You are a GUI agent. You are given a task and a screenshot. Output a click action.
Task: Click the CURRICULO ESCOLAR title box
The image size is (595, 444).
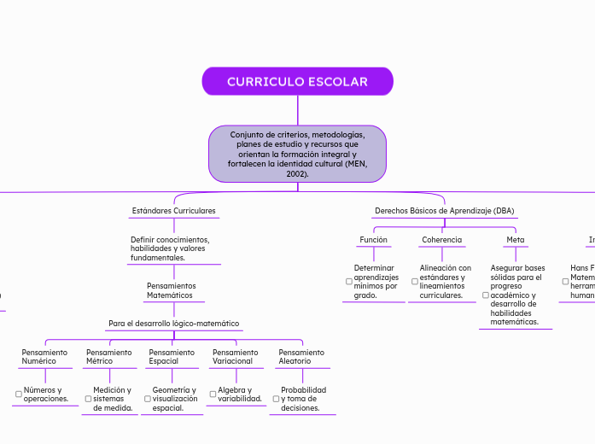(297, 82)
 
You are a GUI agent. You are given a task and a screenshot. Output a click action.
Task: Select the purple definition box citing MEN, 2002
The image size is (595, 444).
(297, 154)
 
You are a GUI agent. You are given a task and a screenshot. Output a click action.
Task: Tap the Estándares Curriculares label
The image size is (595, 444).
(173, 210)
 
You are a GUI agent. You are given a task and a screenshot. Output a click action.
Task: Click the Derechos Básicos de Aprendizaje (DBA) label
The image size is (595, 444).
(445, 211)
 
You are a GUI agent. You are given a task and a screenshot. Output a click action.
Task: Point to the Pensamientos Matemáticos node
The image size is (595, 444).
(171, 290)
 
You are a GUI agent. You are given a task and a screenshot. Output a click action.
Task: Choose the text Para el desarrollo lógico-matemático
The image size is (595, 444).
(173, 324)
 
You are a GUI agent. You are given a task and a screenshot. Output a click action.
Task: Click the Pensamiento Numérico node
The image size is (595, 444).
(44, 356)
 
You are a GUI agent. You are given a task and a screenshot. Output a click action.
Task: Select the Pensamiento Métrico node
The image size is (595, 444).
(109, 356)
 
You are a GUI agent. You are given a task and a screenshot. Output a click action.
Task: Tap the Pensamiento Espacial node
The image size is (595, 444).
(172, 356)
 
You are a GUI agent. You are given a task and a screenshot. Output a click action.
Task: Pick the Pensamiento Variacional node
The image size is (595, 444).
(235, 356)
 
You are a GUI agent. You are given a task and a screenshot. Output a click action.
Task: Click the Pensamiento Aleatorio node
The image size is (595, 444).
(301, 356)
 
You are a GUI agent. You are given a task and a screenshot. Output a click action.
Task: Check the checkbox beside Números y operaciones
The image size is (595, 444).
(18, 394)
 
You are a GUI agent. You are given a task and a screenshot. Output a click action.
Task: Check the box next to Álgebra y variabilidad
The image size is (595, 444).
(212, 394)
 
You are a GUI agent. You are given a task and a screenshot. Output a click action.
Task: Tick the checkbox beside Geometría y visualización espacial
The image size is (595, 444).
(147, 399)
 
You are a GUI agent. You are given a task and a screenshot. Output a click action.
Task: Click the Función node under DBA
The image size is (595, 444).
(373, 240)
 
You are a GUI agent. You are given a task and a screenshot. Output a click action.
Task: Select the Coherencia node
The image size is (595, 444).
(441, 240)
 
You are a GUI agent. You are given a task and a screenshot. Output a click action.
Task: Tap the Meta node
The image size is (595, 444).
(515, 240)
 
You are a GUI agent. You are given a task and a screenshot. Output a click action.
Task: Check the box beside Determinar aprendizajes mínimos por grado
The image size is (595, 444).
(348, 282)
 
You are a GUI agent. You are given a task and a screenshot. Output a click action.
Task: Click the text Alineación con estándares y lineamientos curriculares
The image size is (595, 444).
(445, 281)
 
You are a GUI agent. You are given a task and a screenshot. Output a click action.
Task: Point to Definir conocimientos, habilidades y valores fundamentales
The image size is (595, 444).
(170, 248)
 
